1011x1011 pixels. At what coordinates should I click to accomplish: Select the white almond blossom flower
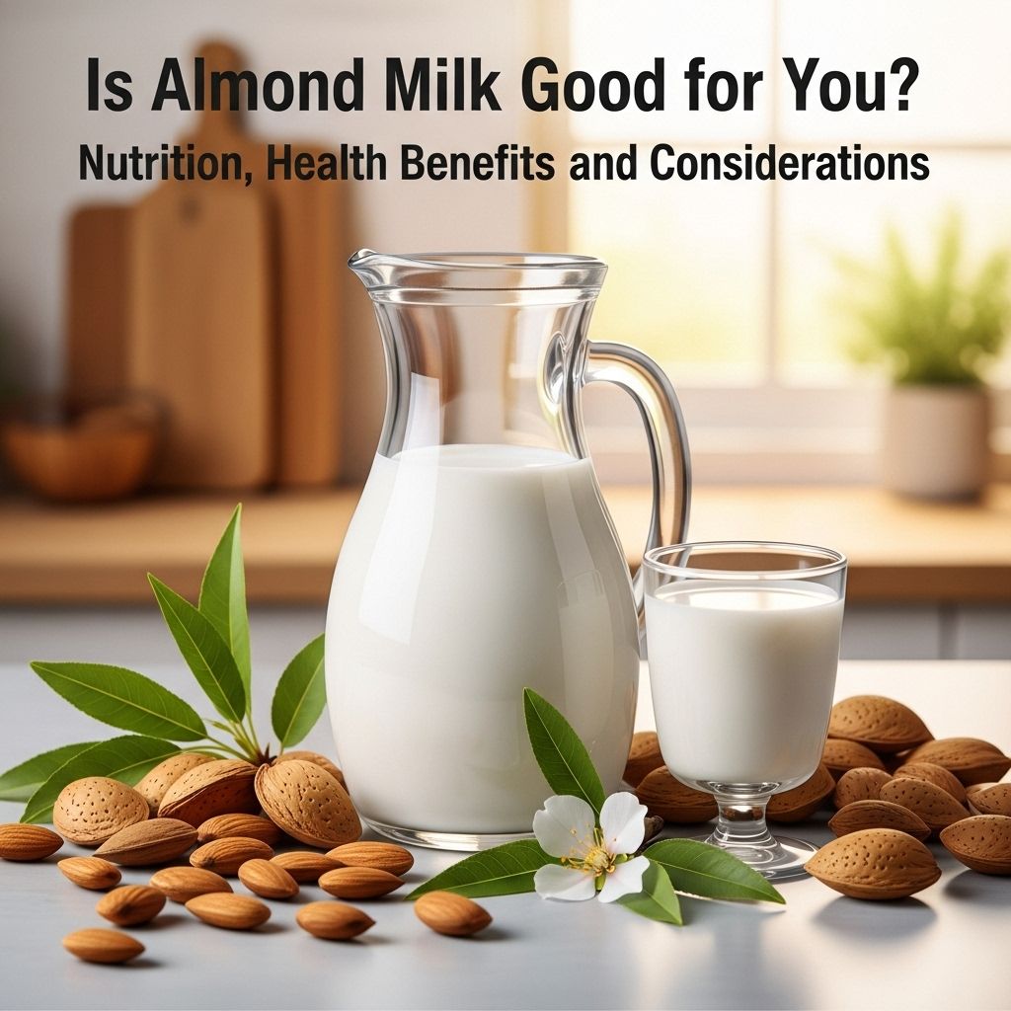click(592, 845)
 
